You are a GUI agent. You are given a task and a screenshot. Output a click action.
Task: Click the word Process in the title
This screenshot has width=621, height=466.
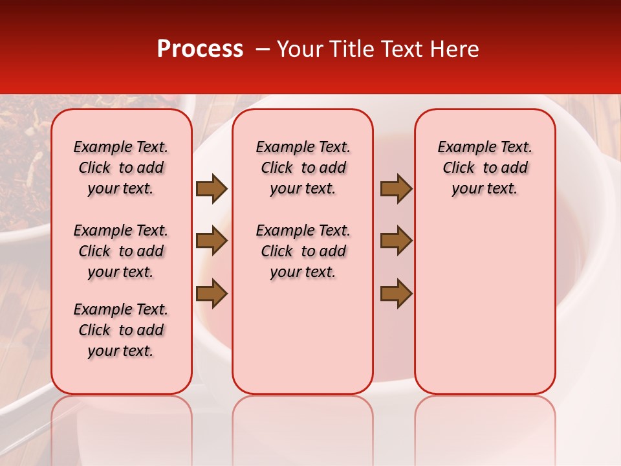pyautogui.click(x=199, y=49)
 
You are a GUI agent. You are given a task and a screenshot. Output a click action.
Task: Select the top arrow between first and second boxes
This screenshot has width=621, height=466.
pyautogui.click(x=212, y=189)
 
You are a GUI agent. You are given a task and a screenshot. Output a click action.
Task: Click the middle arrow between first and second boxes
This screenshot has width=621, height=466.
pyautogui.click(x=212, y=241)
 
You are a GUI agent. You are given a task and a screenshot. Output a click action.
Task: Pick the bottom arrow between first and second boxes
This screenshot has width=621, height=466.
pyautogui.click(x=212, y=293)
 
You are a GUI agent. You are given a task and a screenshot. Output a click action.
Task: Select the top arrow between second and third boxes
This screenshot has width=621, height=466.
pyautogui.click(x=396, y=189)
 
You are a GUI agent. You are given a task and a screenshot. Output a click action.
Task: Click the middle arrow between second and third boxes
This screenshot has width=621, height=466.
pyautogui.click(x=396, y=241)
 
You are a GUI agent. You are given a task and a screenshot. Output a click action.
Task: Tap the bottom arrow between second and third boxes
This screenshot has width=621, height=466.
pyautogui.click(x=396, y=293)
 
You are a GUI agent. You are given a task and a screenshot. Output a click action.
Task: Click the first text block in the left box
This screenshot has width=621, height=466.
pyautogui.click(x=121, y=168)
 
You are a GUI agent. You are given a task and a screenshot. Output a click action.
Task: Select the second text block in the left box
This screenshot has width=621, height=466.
pyautogui.click(x=121, y=251)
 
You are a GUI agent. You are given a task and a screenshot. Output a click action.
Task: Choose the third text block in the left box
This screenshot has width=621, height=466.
pyautogui.click(x=121, y=330)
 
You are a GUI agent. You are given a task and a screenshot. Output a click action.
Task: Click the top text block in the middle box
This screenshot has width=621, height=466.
pyautogui.click(x=303, y=168)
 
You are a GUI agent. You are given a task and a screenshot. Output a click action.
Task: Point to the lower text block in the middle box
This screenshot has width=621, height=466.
pyautogui.click(x=303, y=251)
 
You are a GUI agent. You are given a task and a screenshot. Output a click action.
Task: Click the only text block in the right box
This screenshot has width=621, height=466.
pyautogui.click(x=485, y=168)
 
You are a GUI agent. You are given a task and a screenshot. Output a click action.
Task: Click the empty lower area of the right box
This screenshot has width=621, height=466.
pyautogui.click(x=485, y=304)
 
